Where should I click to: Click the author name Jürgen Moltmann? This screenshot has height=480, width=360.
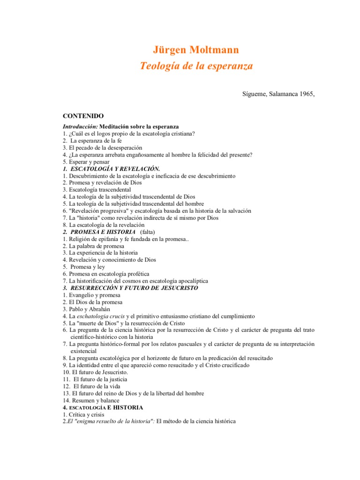point(196,50)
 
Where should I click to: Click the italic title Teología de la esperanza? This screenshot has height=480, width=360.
point(196,66)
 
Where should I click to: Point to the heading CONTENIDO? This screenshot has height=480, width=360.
point(83,116)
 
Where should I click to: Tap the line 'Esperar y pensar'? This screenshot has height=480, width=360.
point(89,162)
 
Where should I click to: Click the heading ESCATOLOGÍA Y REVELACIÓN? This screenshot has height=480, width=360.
point(115,169)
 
